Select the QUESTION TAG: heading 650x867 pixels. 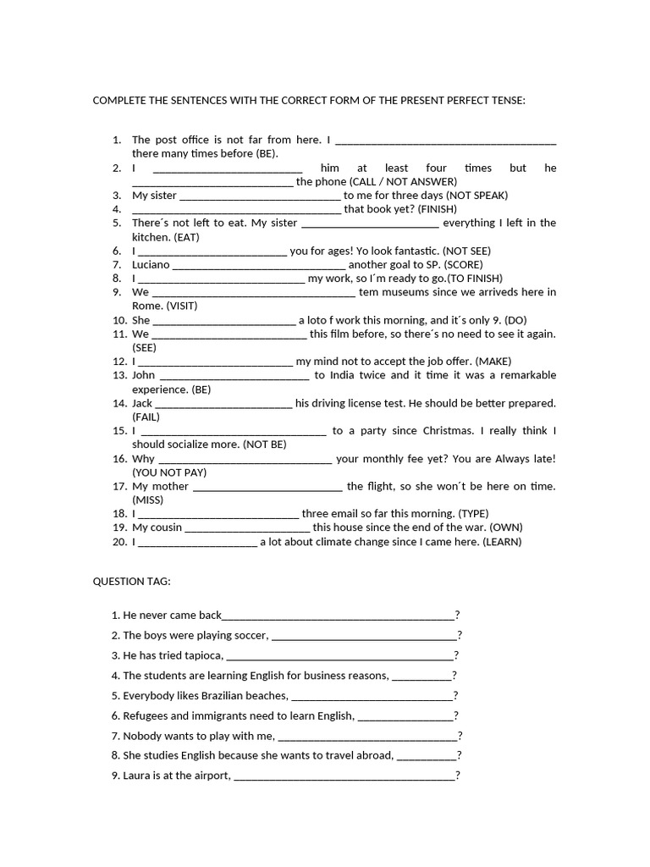click(x=131, y=582)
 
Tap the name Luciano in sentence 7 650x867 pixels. click(x=151, y=264)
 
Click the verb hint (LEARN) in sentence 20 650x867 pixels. click(x=503, y=542)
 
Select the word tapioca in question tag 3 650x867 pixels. click(x=201, y=655)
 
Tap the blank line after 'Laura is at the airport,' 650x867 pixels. click(x=344, y=776)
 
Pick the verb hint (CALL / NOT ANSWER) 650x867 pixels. click(x=403, y=181)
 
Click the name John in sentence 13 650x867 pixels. click(x=144, y=375)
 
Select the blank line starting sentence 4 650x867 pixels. click(x=237, y=209)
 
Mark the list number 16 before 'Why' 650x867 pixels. click(x=119, y=458)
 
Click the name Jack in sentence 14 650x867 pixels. click(x=142, y=403)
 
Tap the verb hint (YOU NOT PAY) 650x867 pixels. click(x=169, y=472)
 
